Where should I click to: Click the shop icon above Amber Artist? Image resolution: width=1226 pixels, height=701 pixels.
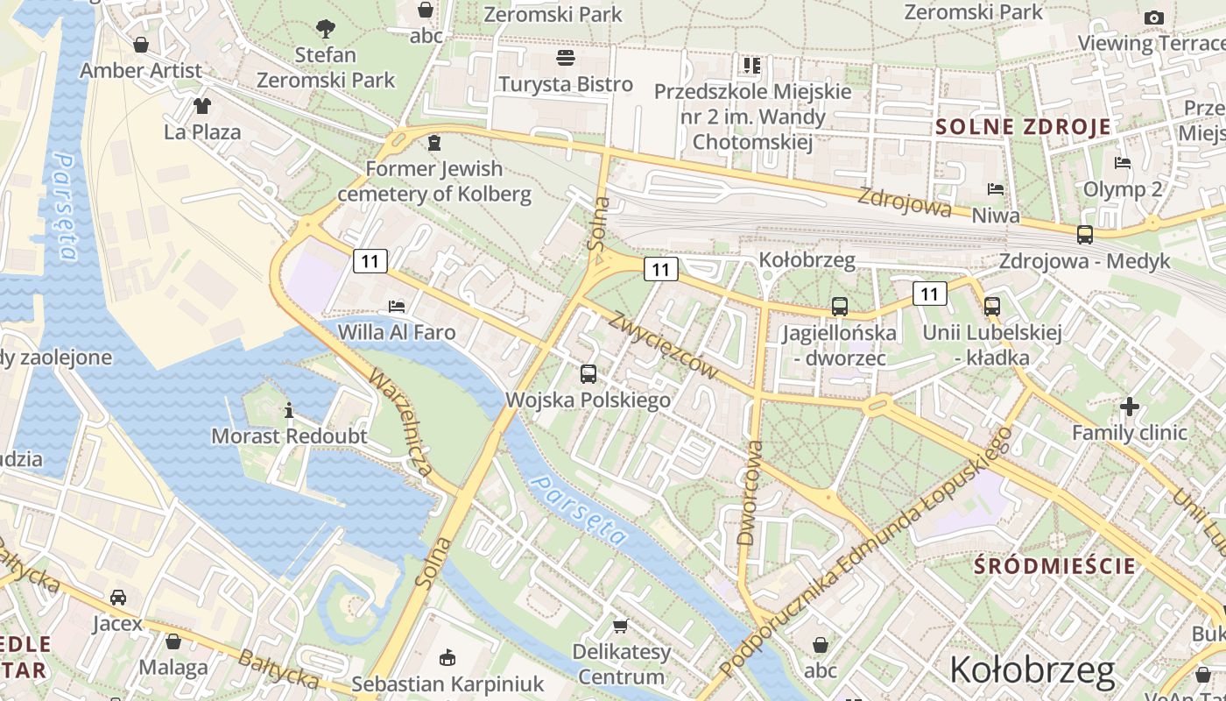(140, 45)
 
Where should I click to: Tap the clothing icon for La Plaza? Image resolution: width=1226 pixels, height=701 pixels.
(202, 106)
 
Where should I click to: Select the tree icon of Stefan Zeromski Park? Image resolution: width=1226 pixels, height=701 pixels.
(326, 29)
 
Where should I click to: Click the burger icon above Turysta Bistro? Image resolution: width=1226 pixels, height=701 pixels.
(566, 59)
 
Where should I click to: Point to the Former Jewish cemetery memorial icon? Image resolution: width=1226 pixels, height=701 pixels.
(433, 143)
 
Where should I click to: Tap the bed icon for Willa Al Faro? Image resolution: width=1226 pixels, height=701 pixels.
(397, 307)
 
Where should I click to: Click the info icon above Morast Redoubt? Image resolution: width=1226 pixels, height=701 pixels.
(289, 410)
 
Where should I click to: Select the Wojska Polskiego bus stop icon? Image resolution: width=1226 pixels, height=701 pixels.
(588, 374)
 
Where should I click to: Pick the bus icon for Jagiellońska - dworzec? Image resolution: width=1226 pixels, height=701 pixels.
(840, 307)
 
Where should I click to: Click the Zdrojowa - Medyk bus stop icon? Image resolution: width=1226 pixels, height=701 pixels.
(1085, 235)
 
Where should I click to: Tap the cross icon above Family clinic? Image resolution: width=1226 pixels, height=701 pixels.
(1130, 407)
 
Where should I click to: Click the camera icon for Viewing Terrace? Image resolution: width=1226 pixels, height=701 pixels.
(1154, 18)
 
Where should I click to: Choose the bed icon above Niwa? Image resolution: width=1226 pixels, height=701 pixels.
(996, 189)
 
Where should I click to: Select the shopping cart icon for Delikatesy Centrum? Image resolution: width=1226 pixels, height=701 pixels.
(621, 626)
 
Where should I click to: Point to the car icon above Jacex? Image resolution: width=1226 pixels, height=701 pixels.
(117, 598)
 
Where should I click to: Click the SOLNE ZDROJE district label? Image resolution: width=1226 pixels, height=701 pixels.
(1023, 126)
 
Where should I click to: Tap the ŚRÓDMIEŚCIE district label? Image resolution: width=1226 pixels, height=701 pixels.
(1055, 566)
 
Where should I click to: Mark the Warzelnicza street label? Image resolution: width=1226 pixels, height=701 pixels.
(399, 423)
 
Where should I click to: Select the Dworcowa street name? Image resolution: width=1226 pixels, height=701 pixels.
(750, 493)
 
